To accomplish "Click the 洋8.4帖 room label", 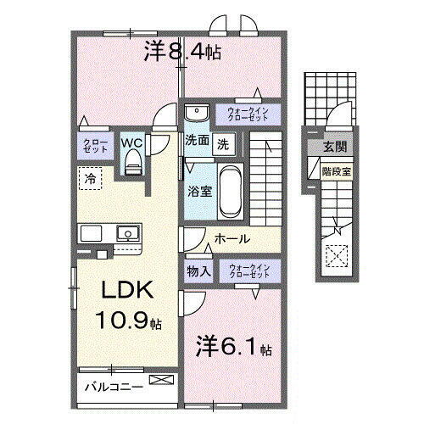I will click(x=182, y=53).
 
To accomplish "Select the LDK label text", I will click(x=129, y=291).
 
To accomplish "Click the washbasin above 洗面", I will click(x=196, y=114).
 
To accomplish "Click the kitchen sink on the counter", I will click(x=129, y=231).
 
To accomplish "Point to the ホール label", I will click(x=230, y=239).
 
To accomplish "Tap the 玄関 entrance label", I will click(x=334, y=148).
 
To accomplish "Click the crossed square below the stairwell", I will click(x=337, y=253).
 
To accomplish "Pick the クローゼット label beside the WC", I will click(x=92, y=145).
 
